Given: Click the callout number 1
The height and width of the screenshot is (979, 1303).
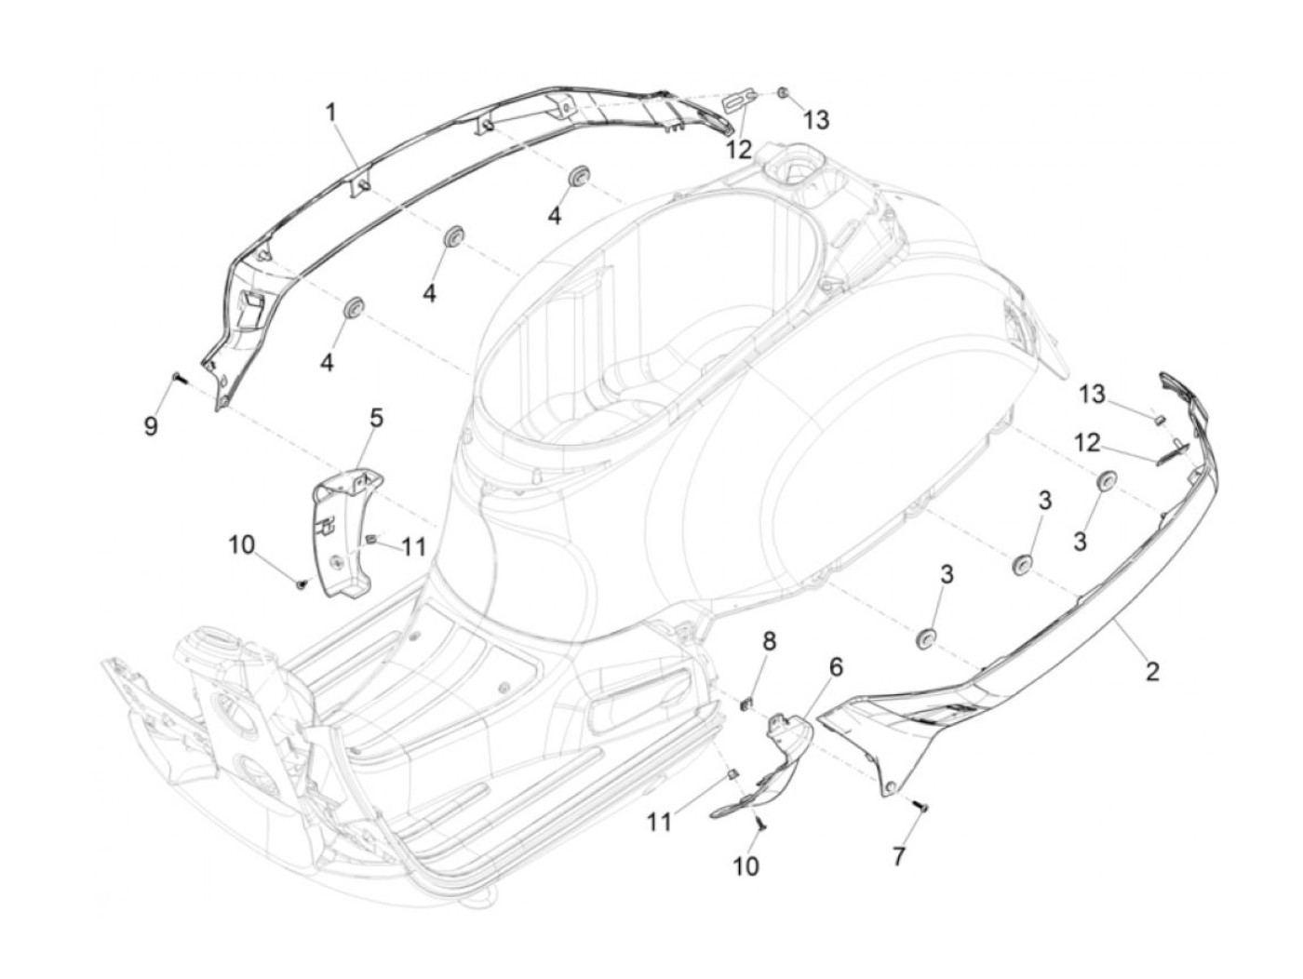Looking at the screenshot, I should point(332,113).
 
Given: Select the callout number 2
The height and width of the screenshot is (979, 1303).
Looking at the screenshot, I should point(1152,670).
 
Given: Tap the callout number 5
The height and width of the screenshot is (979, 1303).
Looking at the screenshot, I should point(376,418).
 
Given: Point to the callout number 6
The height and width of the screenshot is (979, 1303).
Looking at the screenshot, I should point(836,666).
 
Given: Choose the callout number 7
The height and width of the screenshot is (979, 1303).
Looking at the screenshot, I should point(899,857).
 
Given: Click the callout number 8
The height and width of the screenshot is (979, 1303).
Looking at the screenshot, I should point(769,642).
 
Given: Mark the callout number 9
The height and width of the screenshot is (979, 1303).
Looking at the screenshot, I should point(151,425).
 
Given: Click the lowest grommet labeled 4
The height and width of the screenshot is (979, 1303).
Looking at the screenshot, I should point(355,307).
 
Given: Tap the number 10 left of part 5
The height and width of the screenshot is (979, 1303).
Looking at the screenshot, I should point(242,544).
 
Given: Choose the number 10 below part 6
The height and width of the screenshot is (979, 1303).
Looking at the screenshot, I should point(746,866).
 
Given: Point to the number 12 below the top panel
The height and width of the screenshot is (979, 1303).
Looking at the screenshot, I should point(740,149).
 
